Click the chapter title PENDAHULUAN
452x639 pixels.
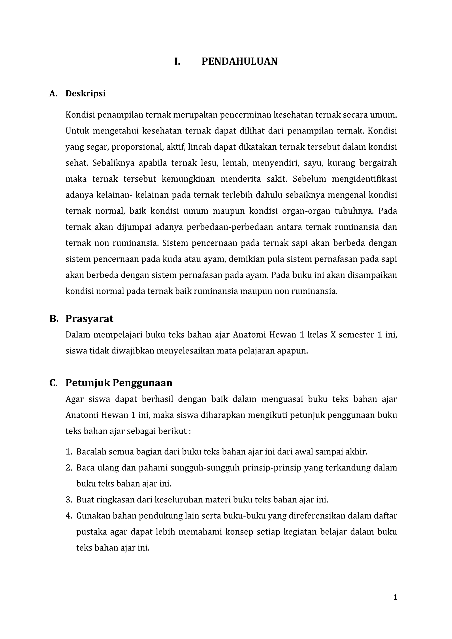point(239,62)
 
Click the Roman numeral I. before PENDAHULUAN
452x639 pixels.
point(177,62)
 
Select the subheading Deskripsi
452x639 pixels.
point(85,94)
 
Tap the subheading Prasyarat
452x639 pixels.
point(89,319)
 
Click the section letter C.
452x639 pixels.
point(53,383)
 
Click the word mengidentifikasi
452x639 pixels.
point(364,179)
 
